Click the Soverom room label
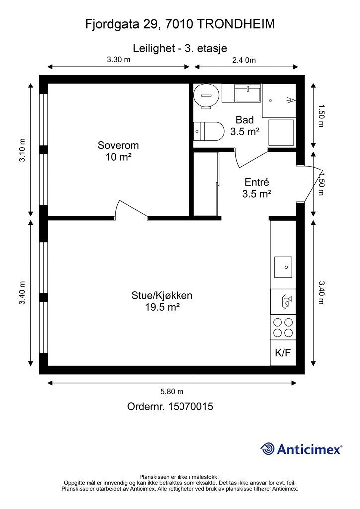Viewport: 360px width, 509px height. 118,145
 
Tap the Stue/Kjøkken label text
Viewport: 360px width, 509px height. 162,295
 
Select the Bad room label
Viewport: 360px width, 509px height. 245,120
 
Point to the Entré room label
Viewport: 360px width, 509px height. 257,182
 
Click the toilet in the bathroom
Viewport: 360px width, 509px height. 209,131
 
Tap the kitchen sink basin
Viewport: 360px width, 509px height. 283,267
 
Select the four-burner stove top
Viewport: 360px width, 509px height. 283,328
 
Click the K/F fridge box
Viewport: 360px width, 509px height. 283,353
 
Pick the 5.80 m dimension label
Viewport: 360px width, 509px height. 172,392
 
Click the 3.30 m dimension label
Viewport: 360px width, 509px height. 119,60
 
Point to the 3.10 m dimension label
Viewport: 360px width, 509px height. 22,150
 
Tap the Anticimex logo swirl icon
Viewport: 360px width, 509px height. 268,449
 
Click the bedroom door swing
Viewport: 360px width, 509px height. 133,209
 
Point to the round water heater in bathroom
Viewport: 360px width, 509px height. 206,96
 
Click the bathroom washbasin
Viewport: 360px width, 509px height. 248,93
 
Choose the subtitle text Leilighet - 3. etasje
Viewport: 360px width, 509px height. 180,48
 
